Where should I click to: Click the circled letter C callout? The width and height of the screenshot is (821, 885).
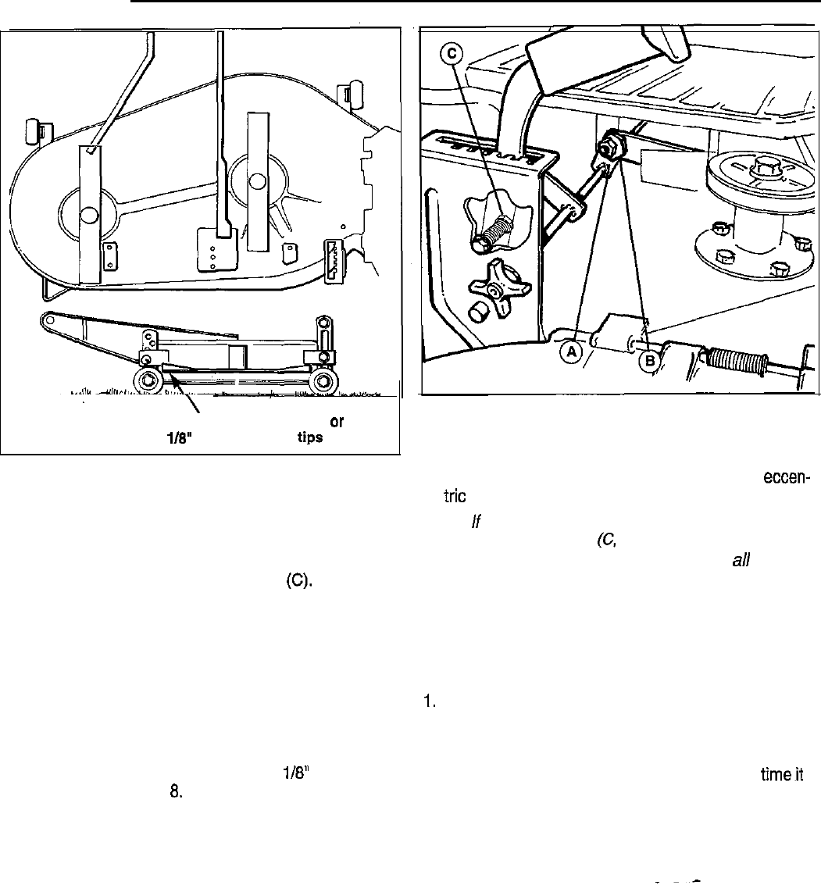click(451, 55)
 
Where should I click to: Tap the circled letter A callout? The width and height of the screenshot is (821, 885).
click(573, 352)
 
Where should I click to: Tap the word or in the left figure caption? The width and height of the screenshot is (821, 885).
click(337, 421)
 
